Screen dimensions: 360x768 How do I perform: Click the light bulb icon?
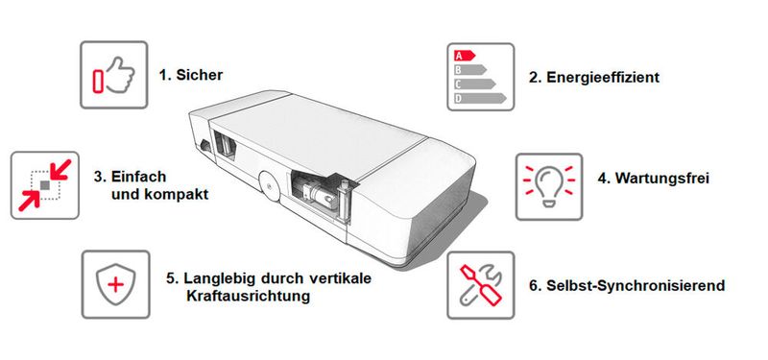click(550, 183)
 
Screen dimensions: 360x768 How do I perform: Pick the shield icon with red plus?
click(115, 284)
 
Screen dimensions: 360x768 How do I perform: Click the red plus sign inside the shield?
click(115, 285)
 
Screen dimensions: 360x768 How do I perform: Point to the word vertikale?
click(338, 279)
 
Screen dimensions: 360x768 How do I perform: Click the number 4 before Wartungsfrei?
click(603, 178)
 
